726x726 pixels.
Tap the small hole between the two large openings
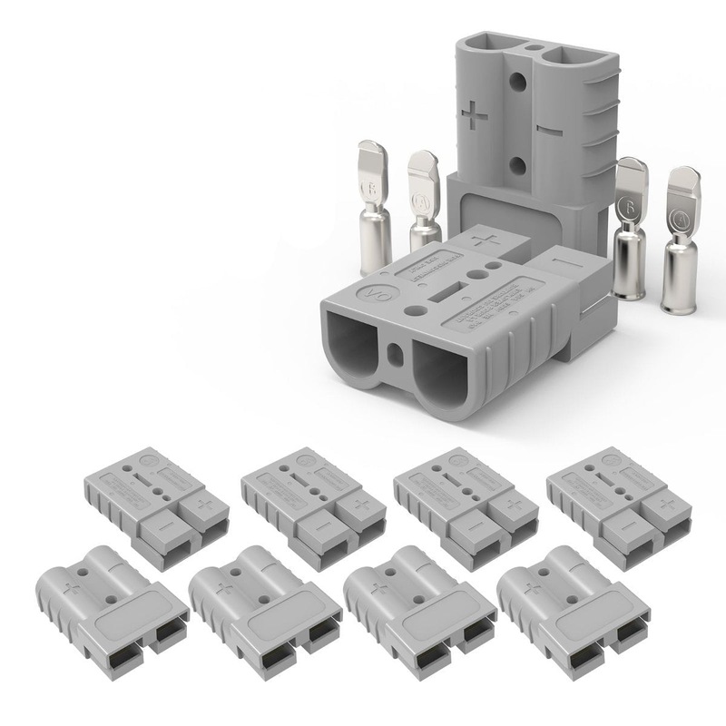[396, 349]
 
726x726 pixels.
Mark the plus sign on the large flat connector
[487, 240]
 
